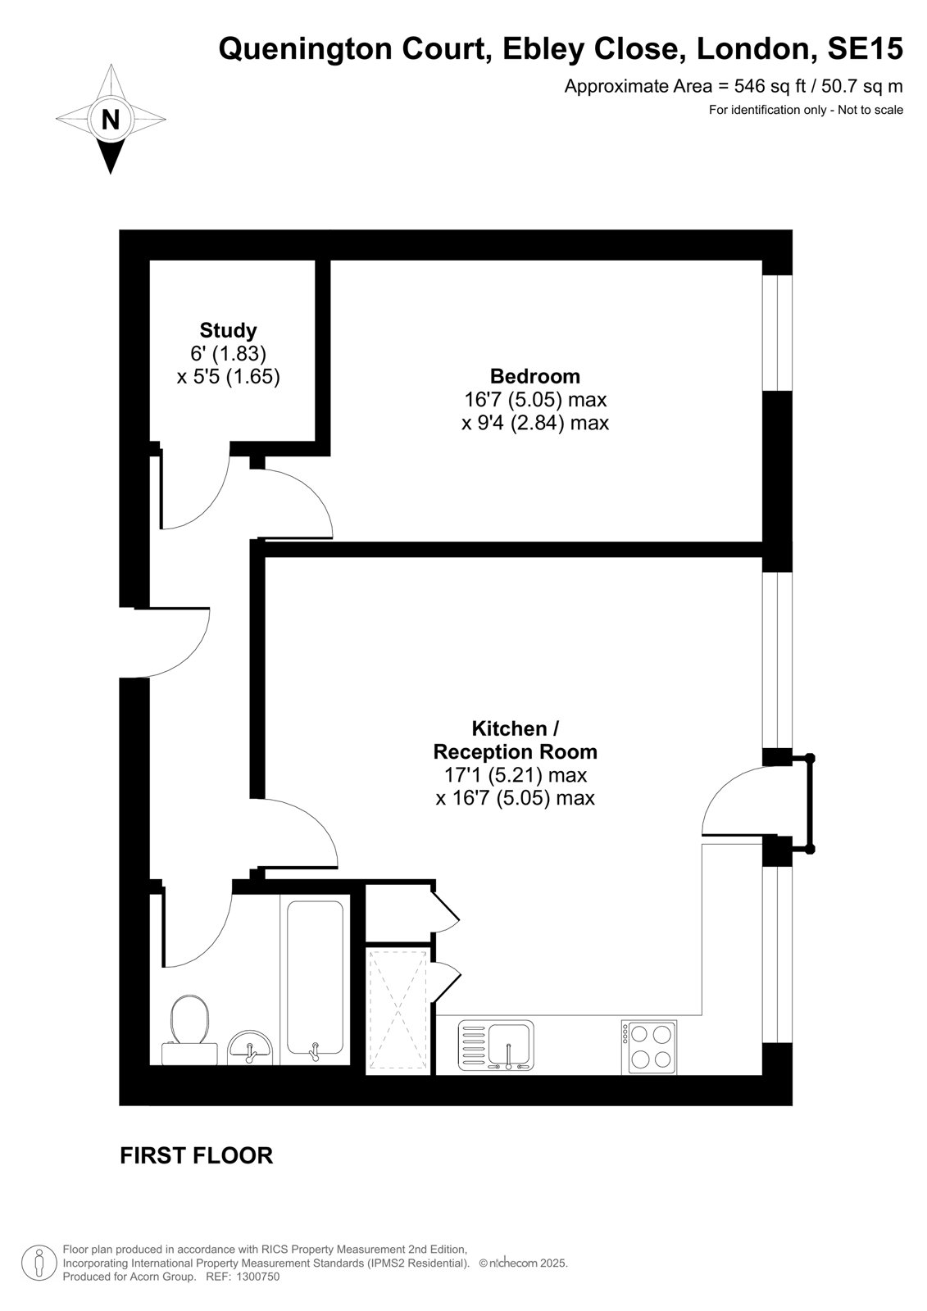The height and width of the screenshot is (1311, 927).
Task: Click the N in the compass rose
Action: pyautogui.click(x=110, y=120)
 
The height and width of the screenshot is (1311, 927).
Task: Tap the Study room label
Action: pyautogui.click(x=228, y=331)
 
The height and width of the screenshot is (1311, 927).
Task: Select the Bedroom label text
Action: pyautogui.click(x=534, y=376)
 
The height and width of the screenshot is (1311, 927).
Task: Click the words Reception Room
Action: pyautogui.click(x=515, y=751)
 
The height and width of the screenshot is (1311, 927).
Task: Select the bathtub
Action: pyautogui.click(x=315, y=980)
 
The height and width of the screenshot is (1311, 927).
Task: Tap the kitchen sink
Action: pyautogui.click(x=496, y=1046)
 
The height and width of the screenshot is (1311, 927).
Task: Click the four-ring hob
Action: pyautogui.click(x=649, y=1047)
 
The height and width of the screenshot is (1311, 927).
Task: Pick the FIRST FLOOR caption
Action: pyautogui.click(x=196, y=1156)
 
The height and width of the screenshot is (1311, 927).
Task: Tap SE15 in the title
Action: pyautogui.click(x=865, y=48)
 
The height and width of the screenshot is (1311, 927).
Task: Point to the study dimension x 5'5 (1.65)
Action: pyautogui.click(x=229, y=376)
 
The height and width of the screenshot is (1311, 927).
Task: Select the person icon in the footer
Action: pyautogui.click(x=39, y=1263)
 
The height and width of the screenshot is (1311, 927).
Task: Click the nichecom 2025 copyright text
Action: pyautogui.click(x=524, y=1263)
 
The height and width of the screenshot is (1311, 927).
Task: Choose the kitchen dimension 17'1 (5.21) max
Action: pyautogui.click(x=516, y=775)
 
